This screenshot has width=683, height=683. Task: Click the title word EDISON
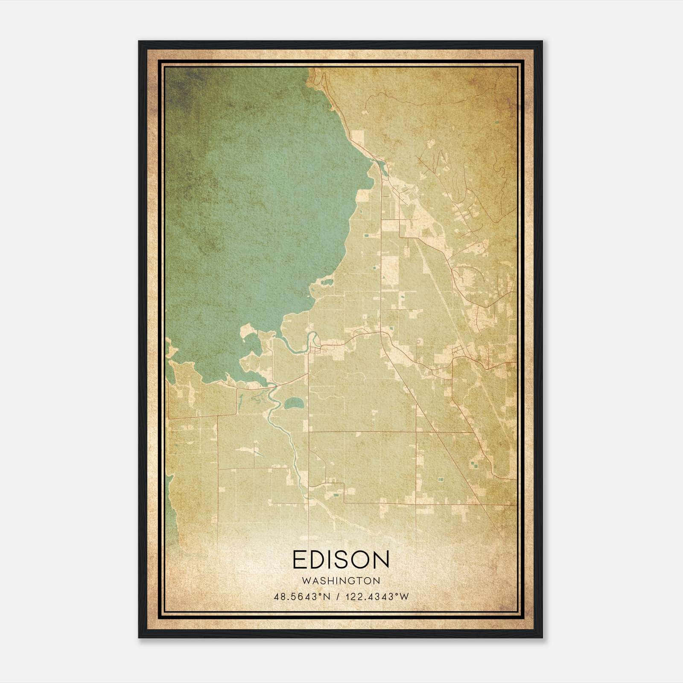(341, 559)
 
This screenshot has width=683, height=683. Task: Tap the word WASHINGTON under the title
(341, 581)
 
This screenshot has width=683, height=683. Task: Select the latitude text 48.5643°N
(302, 597)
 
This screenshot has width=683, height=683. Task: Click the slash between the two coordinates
(338, 597)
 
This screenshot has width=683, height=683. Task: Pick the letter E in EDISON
(299, 559)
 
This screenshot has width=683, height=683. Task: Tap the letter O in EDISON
(359, 559)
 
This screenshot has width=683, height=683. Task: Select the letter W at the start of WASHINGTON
(305, 581)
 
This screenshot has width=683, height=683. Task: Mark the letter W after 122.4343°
(404, 597)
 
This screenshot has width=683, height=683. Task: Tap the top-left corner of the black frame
(139, 42)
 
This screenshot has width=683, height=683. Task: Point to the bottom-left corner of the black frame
(139, 637)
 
